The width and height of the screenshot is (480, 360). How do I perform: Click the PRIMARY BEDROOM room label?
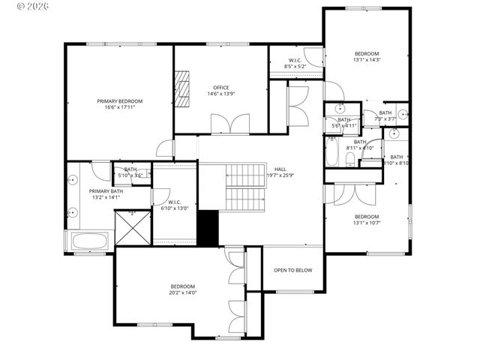click(119, 100)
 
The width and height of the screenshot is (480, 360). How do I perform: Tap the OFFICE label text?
click(220, 87)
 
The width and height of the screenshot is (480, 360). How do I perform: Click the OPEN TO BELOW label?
click(292, 270)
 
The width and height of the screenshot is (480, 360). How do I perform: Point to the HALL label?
click(280, 169)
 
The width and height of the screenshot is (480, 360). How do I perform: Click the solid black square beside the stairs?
click(207, 227)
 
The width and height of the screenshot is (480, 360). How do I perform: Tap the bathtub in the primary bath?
click(89, 241)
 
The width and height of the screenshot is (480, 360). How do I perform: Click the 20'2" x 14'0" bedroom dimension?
click(182, 293)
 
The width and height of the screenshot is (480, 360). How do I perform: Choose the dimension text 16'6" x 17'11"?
click(119, 107)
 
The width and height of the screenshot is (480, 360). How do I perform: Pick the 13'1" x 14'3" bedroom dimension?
click(367, 60)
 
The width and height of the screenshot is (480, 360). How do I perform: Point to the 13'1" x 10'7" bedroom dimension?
click(367, 222)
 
